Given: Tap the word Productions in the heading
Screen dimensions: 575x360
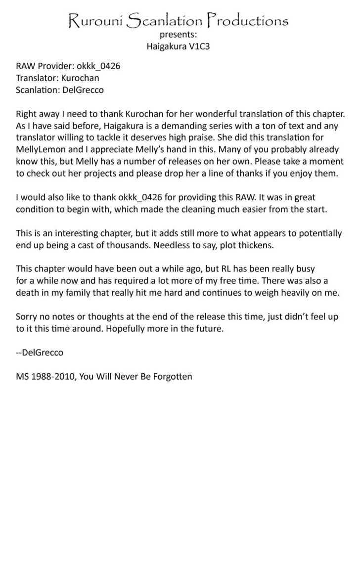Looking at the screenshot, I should tap(247, 21).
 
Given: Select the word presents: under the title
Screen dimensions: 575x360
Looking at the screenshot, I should tap(178, 35).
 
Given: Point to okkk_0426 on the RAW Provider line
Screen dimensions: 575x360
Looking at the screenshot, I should tap(98, 66).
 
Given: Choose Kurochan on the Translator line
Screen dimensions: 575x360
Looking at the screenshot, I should tap(80, 78).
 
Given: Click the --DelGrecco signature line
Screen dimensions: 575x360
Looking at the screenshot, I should tap(40, 353).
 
